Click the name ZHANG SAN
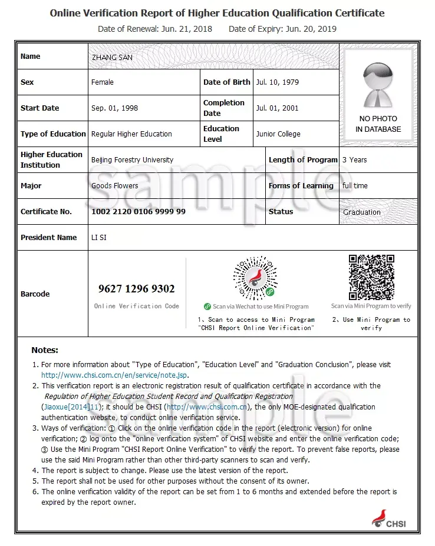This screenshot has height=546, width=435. click(x=112, y=57)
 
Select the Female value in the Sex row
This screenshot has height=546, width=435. click(x=103, y=82)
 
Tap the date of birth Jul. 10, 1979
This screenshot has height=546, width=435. click(x=278, y=82)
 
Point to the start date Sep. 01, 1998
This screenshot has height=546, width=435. click(x=115, y=108)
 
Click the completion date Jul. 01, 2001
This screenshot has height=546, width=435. click(x=278, y=108)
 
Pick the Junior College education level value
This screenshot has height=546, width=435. click(x=278, y=134)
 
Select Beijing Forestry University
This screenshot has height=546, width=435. click(x=132, y=160)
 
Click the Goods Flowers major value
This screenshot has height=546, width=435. click(x=114, y=186)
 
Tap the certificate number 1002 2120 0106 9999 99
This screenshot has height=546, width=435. click(x=139, y=212)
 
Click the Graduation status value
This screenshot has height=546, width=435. click(x=362, y=212)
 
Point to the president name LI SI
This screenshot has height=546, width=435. click(x=99, y=238)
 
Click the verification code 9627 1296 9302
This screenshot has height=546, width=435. click(x=137, y=289)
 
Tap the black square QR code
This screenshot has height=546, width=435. click(x=371, y=277)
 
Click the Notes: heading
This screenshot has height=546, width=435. click(x=45, y=350)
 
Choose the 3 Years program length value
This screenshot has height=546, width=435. click(x=355, y=160)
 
